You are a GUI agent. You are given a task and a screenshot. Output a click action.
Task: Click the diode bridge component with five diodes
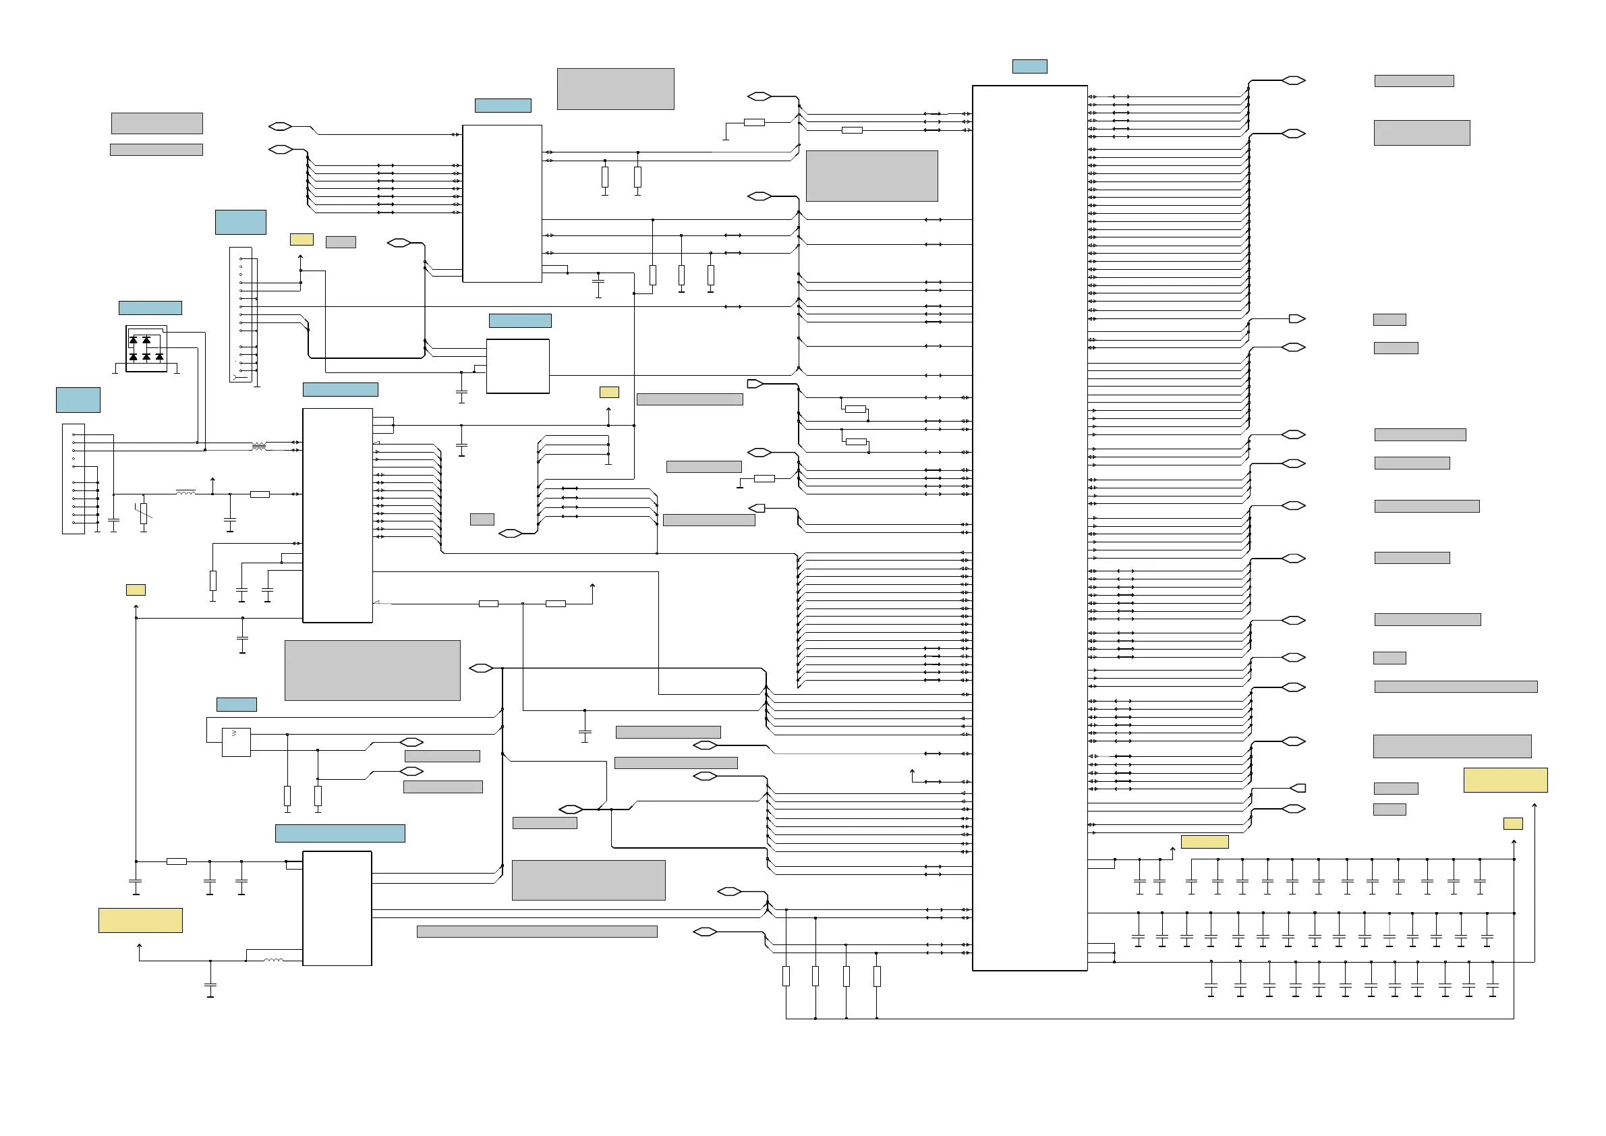[x=146, y=348]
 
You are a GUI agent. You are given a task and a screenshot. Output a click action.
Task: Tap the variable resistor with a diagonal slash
[x=144, y=513]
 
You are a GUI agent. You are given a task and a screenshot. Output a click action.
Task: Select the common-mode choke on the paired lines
[x=259, y=447]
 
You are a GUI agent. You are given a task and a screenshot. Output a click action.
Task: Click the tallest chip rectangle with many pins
[x=1029, y=528]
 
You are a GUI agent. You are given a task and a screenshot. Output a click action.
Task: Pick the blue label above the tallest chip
[x=1029, y=67]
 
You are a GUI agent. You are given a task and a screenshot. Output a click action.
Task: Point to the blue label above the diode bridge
[x=150, y=308]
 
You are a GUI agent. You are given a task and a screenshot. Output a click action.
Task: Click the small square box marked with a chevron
[x=235, y=742]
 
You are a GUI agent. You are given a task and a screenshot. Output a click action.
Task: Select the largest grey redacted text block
[x=372, y=670]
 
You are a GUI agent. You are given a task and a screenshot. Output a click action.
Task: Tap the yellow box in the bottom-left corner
[x=140, y=920]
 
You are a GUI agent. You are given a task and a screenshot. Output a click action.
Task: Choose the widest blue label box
[x=340, y=833]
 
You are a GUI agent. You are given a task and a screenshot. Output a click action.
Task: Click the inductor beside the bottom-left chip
[x=273, y=960]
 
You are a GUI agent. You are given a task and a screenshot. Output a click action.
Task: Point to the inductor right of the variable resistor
[x=185, y=493]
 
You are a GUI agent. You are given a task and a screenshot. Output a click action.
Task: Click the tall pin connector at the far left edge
[x=74, y=478]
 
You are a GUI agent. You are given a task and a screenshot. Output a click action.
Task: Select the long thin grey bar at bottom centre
[x=536, y=931]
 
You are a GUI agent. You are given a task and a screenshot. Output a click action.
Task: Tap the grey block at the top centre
[x=615, y=89]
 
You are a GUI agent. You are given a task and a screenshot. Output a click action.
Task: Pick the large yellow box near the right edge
[x=1505, y=780]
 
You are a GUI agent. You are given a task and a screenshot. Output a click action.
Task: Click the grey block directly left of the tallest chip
[x=871, y=176]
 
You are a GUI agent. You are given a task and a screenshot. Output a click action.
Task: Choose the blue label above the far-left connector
[x=78, y=400]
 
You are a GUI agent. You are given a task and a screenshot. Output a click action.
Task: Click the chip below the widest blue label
[x=337, y=908]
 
